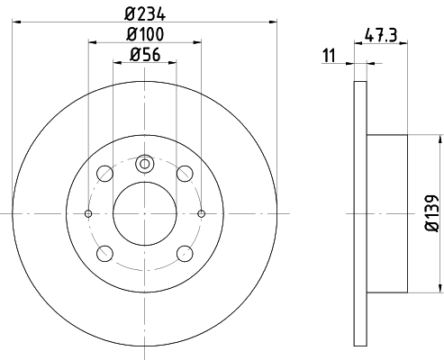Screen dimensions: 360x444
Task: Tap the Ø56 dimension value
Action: (x=144, y=56)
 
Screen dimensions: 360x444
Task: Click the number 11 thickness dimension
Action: (x=330, y=57)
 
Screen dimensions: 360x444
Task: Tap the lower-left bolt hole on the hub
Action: (x=104, y=253)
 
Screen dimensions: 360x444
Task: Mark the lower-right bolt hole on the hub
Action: (x=185, y=253)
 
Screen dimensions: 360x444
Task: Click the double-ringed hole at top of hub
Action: (x=144, y=165)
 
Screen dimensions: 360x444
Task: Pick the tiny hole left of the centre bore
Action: (x=88, y=213)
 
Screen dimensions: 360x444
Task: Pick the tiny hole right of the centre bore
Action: (x=201, y=213)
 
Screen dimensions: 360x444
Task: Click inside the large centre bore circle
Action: (x=144, y=213)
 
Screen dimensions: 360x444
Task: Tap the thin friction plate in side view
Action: (x=360, y=213)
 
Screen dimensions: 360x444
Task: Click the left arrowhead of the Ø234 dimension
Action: (x=17, y=22)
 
